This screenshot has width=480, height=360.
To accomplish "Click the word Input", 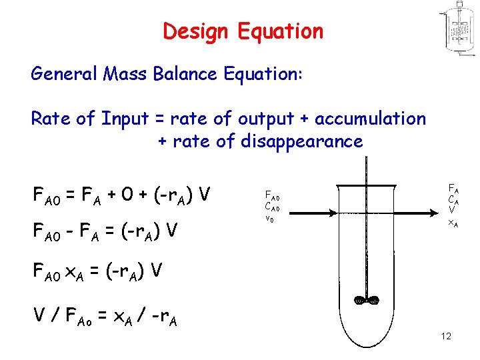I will (125, 119).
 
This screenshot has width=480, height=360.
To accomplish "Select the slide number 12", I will (446, 336).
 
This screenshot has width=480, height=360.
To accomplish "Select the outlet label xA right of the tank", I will (452, 224).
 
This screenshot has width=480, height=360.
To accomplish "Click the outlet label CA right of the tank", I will (452, 199).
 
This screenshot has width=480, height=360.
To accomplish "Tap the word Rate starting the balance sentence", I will (51, 119).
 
